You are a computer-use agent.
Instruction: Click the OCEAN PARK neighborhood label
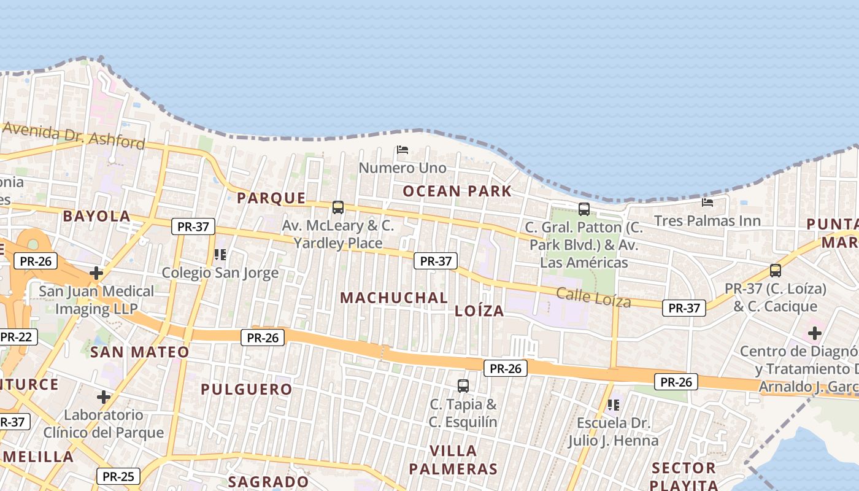456,191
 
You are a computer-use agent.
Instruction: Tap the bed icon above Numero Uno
403,149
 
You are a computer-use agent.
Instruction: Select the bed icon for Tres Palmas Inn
707,202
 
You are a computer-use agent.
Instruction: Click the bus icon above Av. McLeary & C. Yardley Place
338,207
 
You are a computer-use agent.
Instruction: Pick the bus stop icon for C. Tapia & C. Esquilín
463,386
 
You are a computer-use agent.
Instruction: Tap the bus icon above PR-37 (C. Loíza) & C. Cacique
776,271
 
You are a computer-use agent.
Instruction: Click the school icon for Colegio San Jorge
220,254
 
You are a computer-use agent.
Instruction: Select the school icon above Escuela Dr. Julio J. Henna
613,405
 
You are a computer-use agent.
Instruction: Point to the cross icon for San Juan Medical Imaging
96,273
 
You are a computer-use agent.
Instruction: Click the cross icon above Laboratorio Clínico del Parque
104,397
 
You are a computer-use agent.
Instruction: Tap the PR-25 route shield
118,476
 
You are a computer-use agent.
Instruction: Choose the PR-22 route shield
16,337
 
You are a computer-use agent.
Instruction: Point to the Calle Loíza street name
593,297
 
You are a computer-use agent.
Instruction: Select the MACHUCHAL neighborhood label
394,298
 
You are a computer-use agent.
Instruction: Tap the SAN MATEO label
140,352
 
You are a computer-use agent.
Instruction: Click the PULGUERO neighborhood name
247,389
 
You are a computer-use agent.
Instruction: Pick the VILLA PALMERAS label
453,460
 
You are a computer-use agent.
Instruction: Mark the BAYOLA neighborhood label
97,216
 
